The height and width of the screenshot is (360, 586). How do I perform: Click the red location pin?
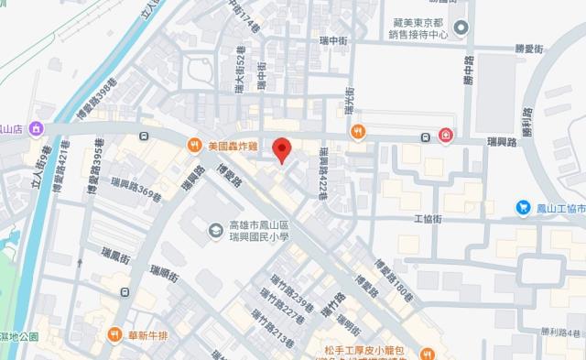coord(284,149)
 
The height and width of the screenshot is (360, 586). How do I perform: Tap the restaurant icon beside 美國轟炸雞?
coord(195,145)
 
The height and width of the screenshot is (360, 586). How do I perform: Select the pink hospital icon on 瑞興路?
coord(446,136)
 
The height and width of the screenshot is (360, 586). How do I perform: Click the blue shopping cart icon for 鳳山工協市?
coord(522,208)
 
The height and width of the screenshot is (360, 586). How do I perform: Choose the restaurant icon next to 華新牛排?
coord(115,334)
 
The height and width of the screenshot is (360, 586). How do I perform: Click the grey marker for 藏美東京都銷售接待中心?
coord(461,27)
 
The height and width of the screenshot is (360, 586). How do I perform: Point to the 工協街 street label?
coord(428,220)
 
